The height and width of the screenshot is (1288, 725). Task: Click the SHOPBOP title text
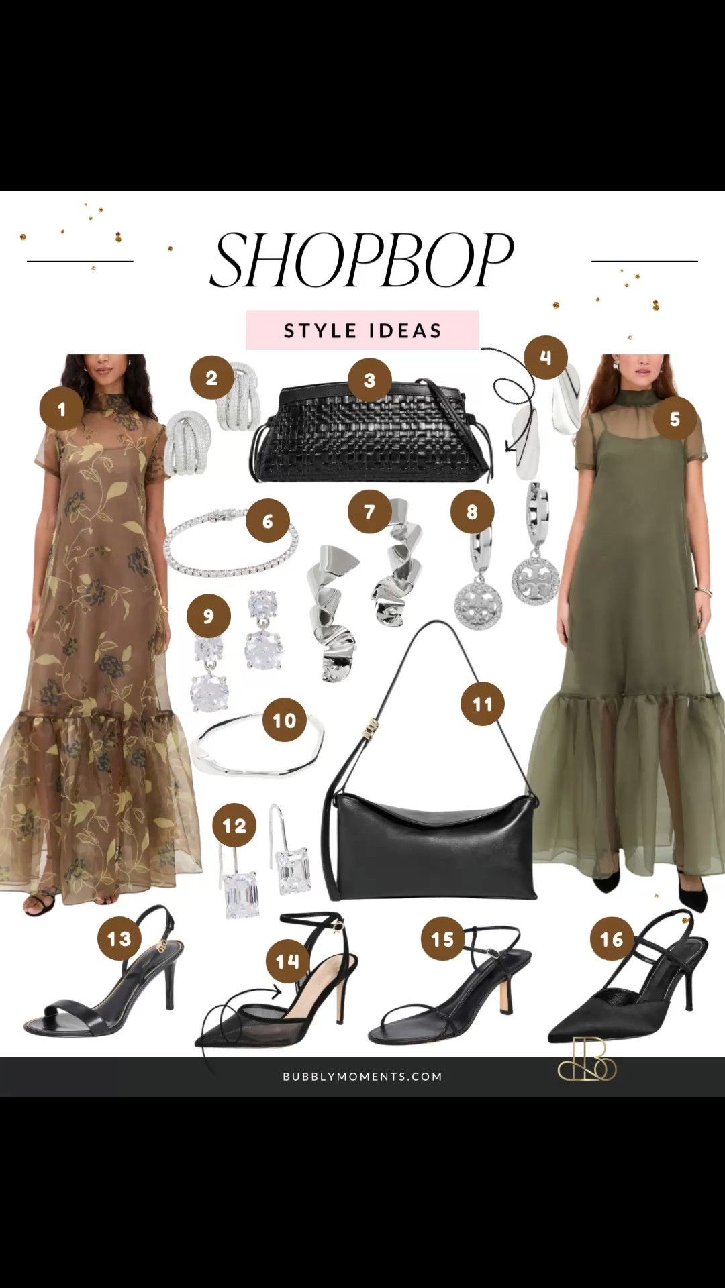(362, 260)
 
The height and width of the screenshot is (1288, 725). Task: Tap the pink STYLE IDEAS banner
(362, 330)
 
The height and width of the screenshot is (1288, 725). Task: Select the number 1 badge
(62, 409)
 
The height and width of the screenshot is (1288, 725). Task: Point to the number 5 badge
(675, 419)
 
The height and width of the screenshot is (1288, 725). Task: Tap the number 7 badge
(369, 512)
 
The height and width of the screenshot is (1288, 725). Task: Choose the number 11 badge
(483, 704)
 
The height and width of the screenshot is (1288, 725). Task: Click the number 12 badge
(234, 825)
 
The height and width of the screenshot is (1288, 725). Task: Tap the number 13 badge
(119, 938)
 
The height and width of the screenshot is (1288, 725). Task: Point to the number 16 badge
(612, 938)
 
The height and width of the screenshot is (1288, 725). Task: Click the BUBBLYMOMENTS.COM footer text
(362, 1076)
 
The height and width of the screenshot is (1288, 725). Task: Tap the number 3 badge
(369, 380)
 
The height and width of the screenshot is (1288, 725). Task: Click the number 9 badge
(208, 616)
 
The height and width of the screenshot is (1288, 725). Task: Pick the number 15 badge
(443, 938)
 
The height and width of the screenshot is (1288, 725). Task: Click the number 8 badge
(472, 512)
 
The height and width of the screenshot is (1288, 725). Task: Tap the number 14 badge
(287, 961)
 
